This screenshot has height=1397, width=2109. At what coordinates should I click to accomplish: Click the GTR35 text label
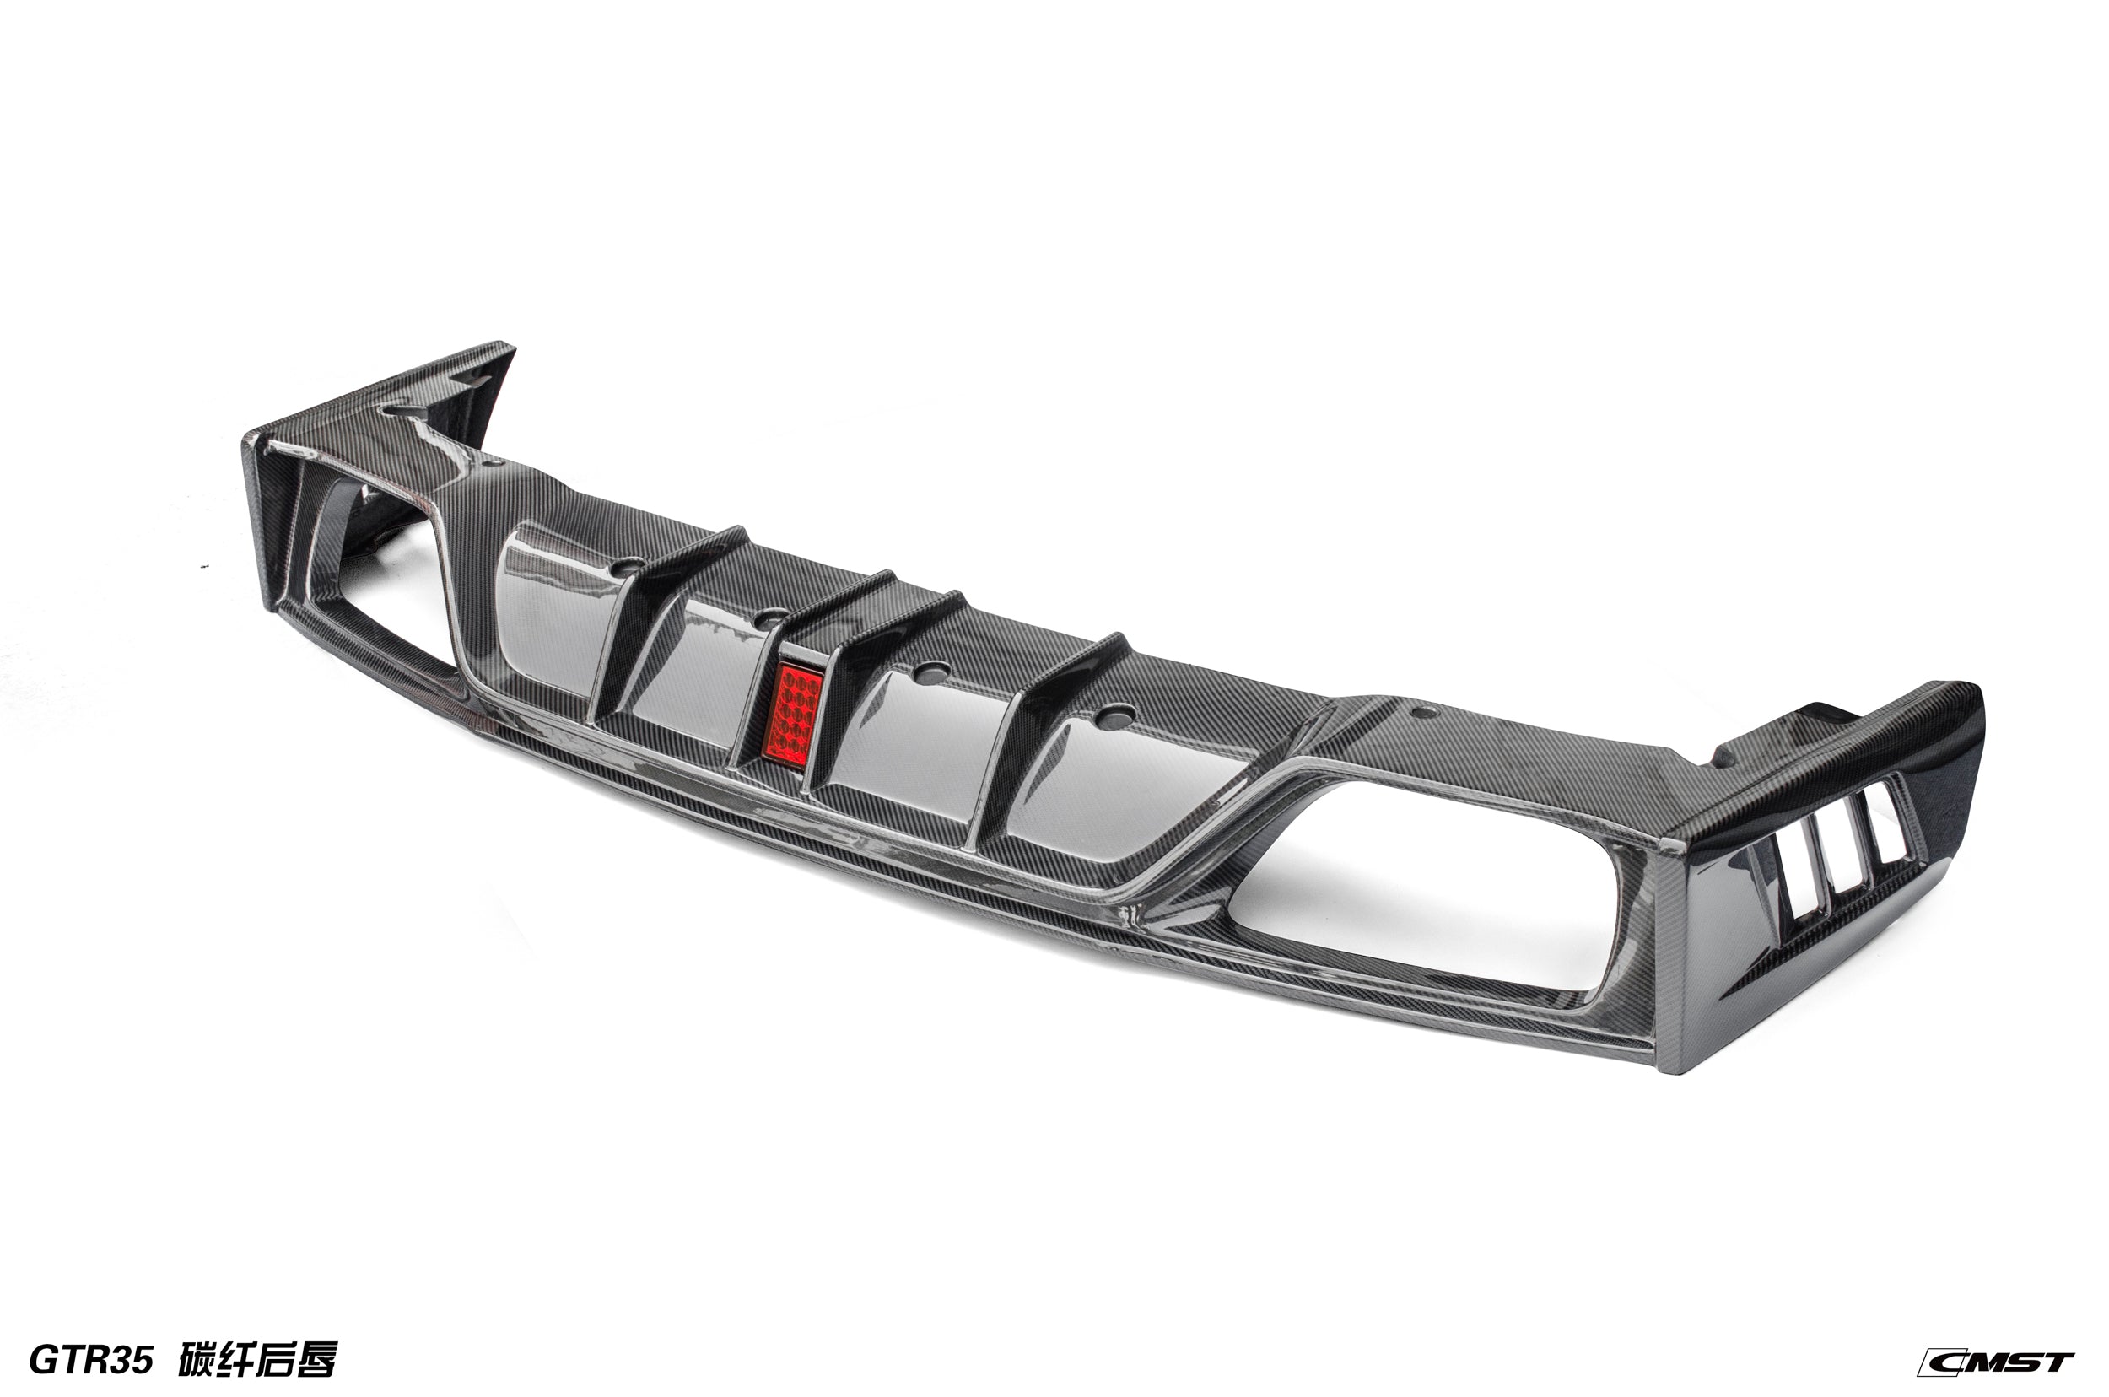[x=91, y=1361]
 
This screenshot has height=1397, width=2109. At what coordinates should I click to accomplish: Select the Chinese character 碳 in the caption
[x=197, y=1361]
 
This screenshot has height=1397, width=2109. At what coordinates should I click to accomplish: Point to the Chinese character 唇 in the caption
[x=316, y=1361]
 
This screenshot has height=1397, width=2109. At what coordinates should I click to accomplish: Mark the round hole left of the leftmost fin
[x=630, y=565]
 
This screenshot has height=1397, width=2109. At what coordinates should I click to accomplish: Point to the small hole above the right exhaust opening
[x=1423, y=712]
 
